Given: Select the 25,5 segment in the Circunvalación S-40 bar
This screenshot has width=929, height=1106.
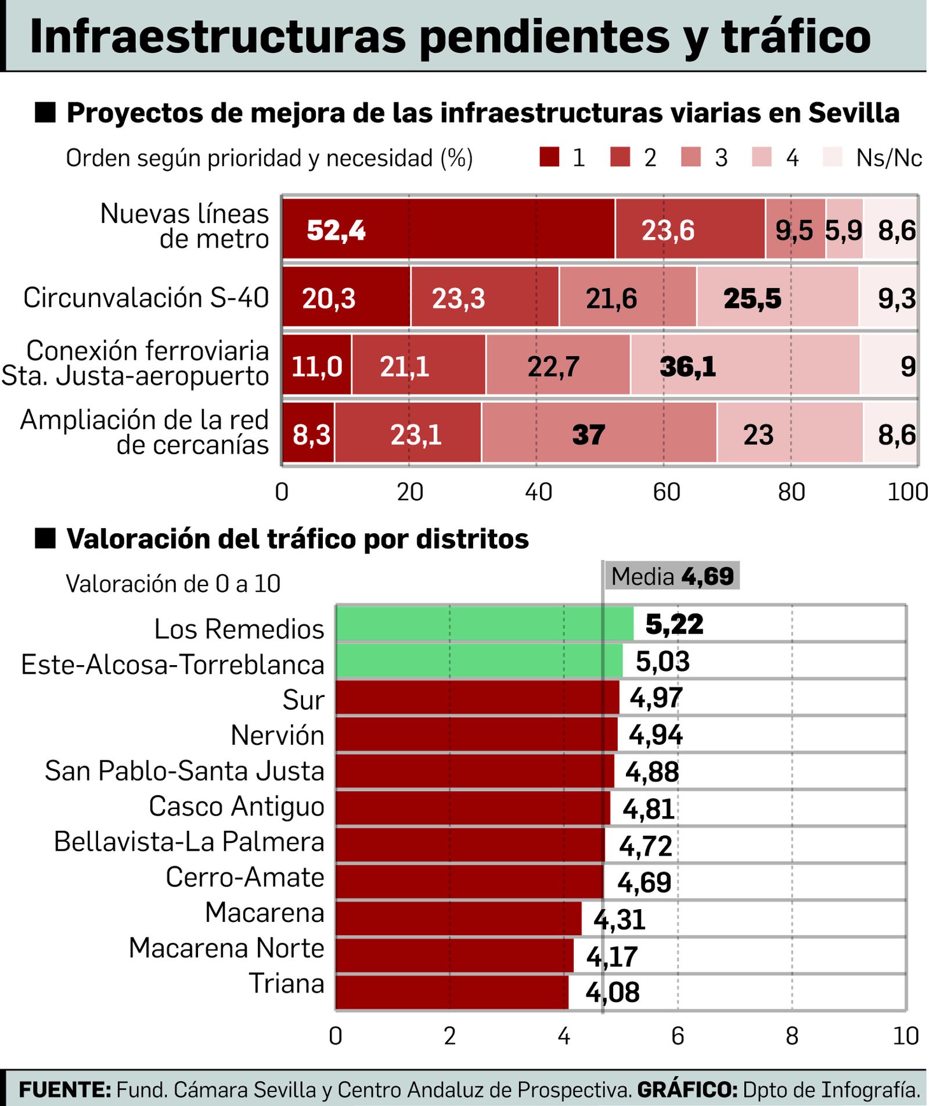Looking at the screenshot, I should pos(777,297).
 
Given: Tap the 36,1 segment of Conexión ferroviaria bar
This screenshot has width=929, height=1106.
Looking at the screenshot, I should pos(745,365).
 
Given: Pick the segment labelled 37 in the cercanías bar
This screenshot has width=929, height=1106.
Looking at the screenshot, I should pos(599,433).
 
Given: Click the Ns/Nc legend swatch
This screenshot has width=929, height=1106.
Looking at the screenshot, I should pos(833,157).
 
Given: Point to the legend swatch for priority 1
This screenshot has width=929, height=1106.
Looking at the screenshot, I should pos(549,157).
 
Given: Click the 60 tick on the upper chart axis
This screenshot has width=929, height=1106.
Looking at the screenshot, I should pos(665,492).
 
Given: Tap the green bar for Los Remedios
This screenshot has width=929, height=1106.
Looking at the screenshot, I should pos(484,623).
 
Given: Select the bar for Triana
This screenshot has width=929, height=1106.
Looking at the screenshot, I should pos(452,992).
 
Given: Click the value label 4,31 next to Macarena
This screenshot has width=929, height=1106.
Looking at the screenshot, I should pos(619,920).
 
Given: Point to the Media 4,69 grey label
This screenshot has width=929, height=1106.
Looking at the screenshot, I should pos(672,576).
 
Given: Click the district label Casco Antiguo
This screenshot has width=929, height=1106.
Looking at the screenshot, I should pos(236,806).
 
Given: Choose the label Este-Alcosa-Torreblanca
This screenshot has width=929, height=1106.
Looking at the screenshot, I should pos(172,665).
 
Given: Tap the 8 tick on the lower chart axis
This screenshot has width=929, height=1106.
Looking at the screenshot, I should pos(791,1035).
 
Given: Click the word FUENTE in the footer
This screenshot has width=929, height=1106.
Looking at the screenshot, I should pos(64,1089).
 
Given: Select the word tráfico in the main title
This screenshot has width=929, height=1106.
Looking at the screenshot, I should pos(795,36).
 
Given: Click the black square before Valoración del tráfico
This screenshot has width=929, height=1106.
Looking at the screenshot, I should pos(45,538).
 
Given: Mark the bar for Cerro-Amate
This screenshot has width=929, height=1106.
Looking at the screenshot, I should pos(469,881).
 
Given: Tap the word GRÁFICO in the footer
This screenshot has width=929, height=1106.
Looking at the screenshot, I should pos(687,1089).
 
